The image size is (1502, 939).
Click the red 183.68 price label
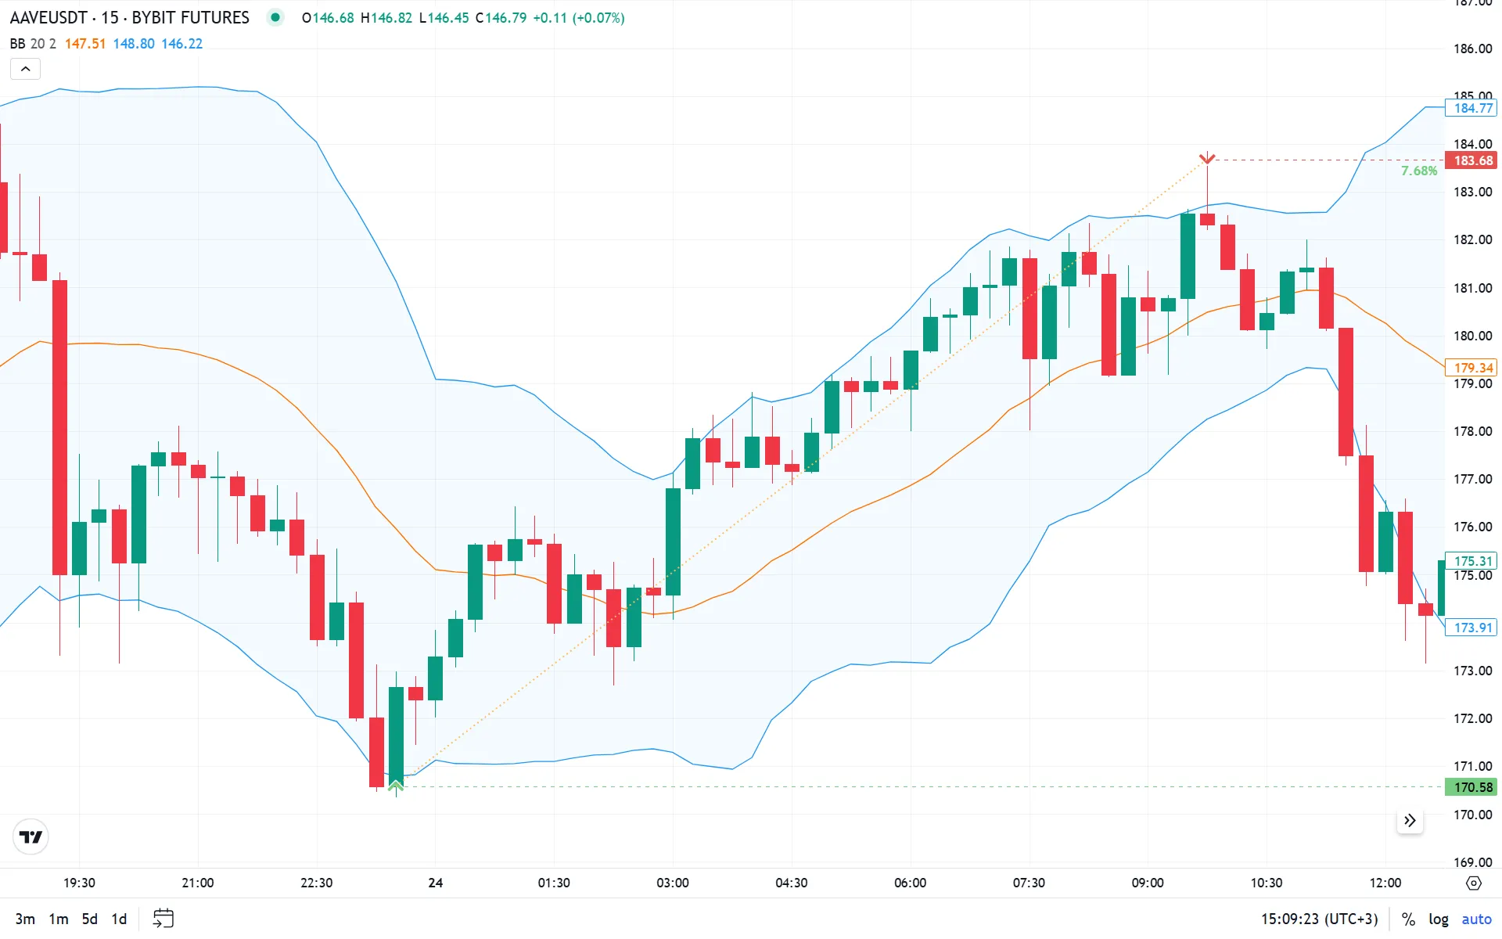click(1472, 160)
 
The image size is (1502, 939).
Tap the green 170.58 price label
click(1472, 787)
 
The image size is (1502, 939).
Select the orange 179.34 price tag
click(1472, 368)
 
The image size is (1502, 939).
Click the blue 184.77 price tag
click(1472, 108)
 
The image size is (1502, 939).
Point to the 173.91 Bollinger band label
click(1472, 628)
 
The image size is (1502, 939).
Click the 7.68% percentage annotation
click(1418, 171)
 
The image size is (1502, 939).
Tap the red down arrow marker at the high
click(1207, 159)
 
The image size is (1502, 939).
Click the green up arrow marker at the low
click(396, 784)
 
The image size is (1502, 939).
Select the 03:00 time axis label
click(672, 883)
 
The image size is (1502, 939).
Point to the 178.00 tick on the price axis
click(1472, 431)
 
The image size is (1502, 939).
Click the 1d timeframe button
click(119, 919)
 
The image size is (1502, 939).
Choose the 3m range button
click(25, 919)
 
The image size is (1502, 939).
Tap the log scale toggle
click(1438, 919)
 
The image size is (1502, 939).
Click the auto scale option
click(1476, 919)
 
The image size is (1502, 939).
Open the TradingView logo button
click(31, 837)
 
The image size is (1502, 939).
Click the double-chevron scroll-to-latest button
click(1410, 820)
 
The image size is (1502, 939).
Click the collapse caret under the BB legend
click(25, 69)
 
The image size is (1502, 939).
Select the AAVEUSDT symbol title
click(49, 17)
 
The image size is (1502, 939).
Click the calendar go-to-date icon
click(163, 918)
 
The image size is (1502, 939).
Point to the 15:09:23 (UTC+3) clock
click(1319, 919)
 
